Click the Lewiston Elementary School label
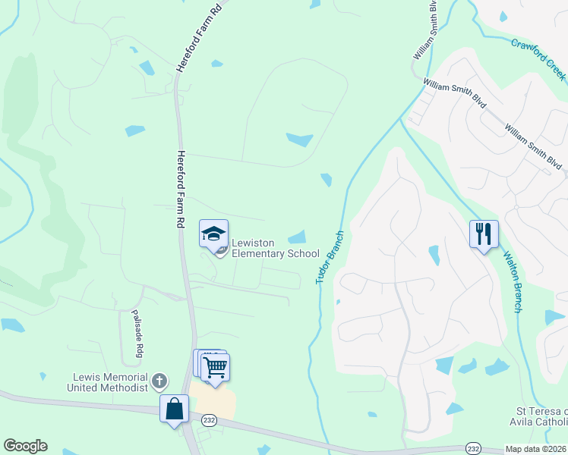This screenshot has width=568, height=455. [275, 248]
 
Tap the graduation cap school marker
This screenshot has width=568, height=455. [214, 234]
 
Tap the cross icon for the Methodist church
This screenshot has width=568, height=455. [159, 380]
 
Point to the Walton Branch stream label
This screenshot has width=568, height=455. [509, 281]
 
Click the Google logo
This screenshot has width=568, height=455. [25, 446]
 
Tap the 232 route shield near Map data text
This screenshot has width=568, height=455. [473, 447]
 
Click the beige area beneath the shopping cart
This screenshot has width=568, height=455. [213, 400]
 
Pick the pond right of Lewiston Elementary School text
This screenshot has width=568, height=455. [298, 237]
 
